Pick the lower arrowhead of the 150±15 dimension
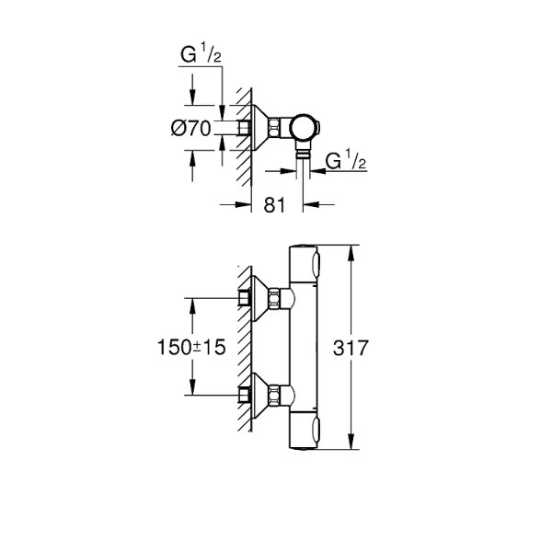click(x=191, y=393)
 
